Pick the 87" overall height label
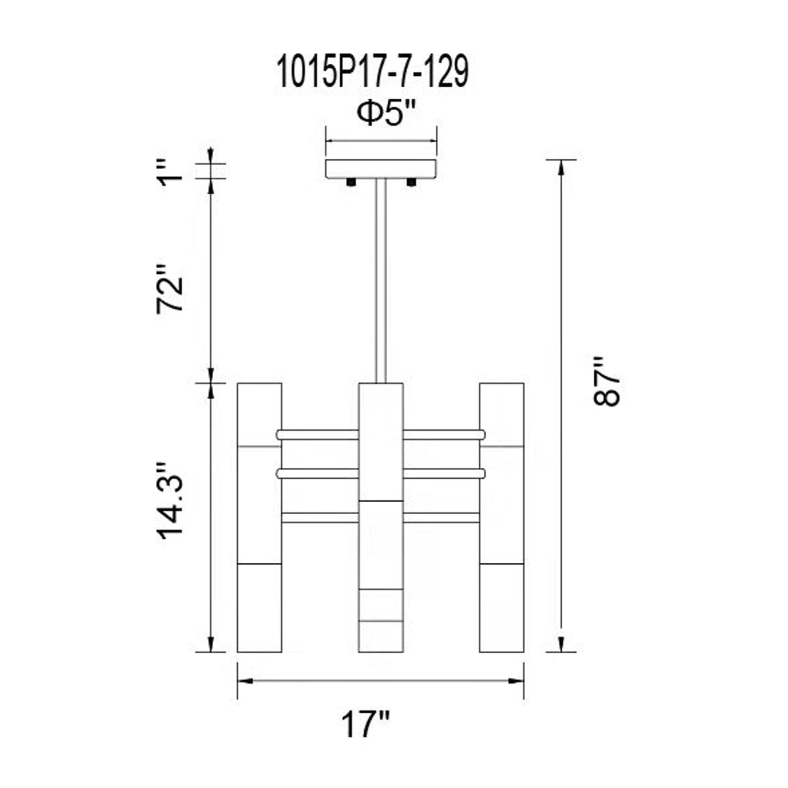pos(606,382)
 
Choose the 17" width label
pos(365,724)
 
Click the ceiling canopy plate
pos(381,169)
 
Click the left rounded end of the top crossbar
pos(280,435)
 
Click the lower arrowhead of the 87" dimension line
pos(561,644)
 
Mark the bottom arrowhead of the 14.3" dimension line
pos(211,644)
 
